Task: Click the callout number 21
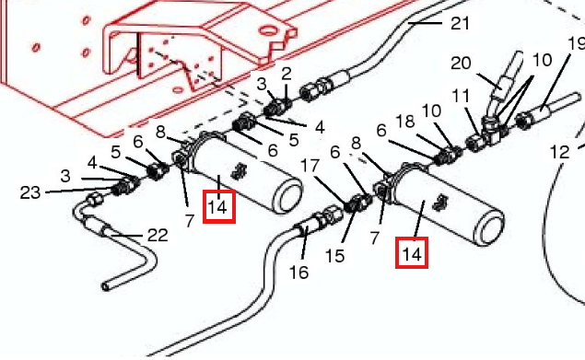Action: [460, 24]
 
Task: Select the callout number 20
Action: [461, 63]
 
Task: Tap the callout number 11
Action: [461, 97]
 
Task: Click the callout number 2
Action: [287, 74]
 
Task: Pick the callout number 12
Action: [560, 152]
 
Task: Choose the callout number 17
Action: [310, 166]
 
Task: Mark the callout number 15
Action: [334, 256]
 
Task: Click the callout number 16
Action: [298, 273]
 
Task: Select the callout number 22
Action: [158, 235]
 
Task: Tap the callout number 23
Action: [29, 192]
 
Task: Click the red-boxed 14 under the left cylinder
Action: [218, 206]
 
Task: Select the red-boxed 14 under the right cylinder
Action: [412, 252]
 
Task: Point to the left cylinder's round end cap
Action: [288, 197]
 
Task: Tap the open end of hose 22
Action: [106, 287]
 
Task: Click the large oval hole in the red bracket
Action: [269, 30]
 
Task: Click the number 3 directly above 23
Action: [65, 176]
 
